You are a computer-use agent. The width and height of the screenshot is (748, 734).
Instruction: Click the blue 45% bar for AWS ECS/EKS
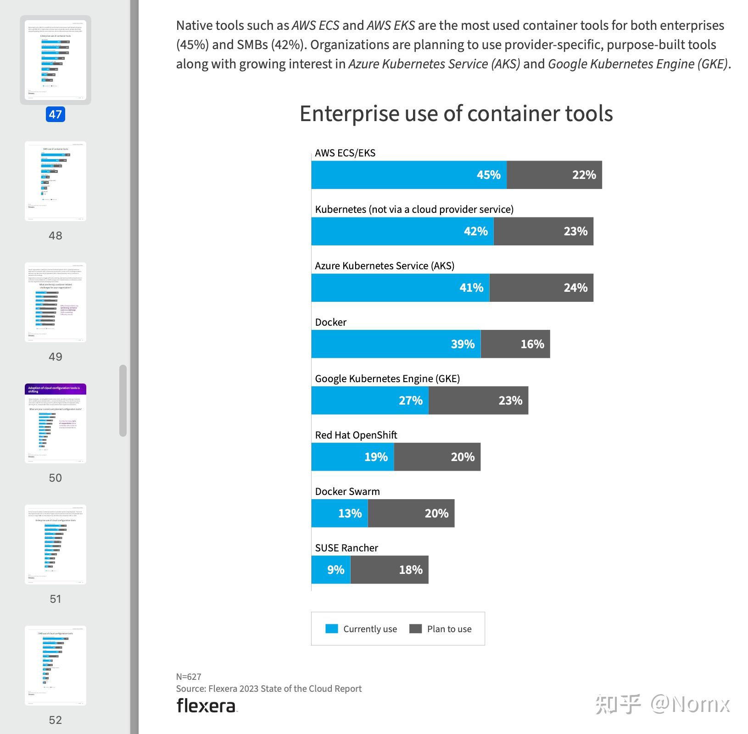point(408,175)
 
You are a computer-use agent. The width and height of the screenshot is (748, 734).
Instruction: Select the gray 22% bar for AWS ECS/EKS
point(554,175)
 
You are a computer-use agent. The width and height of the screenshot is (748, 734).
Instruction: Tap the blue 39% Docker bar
point(396,344)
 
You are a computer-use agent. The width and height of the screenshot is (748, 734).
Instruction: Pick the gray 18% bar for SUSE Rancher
point(389,570)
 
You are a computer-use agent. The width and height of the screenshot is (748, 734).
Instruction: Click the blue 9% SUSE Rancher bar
point(330,570)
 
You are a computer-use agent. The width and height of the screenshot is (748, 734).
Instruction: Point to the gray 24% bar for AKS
point(541,288)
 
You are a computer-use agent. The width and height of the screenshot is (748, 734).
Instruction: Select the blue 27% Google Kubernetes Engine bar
point(369,400)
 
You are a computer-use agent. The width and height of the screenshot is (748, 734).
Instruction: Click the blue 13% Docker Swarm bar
point(339,513)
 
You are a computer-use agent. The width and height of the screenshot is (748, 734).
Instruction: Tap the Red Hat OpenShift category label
point(356,435)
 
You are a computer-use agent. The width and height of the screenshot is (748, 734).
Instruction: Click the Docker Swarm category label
point(347,491)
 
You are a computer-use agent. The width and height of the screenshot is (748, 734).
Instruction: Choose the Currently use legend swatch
point(331,628)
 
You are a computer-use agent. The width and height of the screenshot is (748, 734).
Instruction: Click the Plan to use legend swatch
point(415,628)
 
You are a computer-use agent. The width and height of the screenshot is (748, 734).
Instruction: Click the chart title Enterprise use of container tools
point(456,113)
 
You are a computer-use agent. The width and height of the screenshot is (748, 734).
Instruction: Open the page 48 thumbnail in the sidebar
point(56,181)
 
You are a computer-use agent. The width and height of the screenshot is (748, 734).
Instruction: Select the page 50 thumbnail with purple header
point(56,423)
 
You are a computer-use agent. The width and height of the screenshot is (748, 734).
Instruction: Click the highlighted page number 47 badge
point(56,114)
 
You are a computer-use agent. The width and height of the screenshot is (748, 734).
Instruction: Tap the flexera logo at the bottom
point(207,706)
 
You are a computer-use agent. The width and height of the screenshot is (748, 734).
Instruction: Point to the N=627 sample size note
point(189,677)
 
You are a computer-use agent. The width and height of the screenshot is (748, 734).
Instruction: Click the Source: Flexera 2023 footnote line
point(268,689)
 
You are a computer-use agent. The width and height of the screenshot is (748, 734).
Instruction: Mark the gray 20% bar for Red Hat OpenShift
point(437,457)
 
